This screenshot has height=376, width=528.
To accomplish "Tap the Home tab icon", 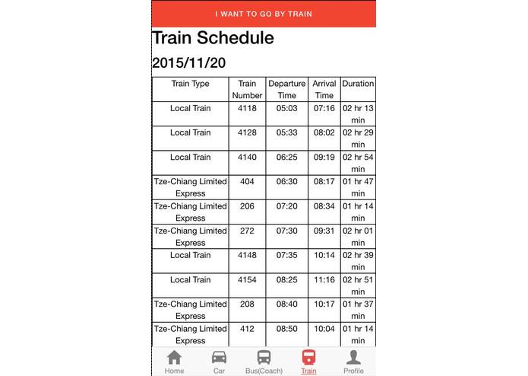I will pos(174,357).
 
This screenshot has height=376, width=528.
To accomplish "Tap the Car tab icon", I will pos(219,357).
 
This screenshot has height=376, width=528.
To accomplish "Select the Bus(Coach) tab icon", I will pos(264,357).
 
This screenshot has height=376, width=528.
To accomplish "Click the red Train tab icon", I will pos(308,357).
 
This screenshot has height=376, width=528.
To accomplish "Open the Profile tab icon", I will pos(353,357).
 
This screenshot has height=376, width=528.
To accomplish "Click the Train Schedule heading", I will pos(213,37).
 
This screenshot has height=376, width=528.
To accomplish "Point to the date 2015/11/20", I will pos(188,62).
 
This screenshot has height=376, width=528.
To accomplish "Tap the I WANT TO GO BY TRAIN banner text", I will pos(264,14).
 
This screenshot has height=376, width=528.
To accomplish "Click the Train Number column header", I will pos(247,89).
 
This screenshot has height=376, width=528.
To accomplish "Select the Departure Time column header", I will pos(286,89).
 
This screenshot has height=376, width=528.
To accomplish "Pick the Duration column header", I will pos(358,84).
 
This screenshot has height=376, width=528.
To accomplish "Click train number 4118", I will pos(247,108).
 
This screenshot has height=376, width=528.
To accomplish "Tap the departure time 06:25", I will pos(286,157).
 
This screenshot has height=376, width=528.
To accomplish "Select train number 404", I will pos(247,181).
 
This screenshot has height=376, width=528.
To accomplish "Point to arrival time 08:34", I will pos(324,206).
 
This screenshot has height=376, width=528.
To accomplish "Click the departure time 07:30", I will pos(286,231).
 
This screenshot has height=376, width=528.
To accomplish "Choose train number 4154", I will pos(247,279).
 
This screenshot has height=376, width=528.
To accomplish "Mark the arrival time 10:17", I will pos(324,304).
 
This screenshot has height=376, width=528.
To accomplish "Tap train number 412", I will pos(247,328).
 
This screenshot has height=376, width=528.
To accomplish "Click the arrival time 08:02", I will pos(324,132).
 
